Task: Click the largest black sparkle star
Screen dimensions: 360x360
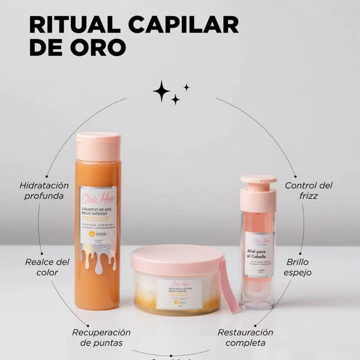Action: coord(161,91)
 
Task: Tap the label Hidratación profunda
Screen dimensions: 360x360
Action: coord(44,190)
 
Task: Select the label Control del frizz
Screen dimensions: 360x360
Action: coord(308,190)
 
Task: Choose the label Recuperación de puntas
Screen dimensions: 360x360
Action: coord(101,337)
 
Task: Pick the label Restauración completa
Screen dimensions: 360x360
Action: coord(245,337)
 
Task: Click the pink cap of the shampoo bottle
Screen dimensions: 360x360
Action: coord(98,146)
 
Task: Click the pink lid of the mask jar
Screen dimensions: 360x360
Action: coord(178,259)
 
